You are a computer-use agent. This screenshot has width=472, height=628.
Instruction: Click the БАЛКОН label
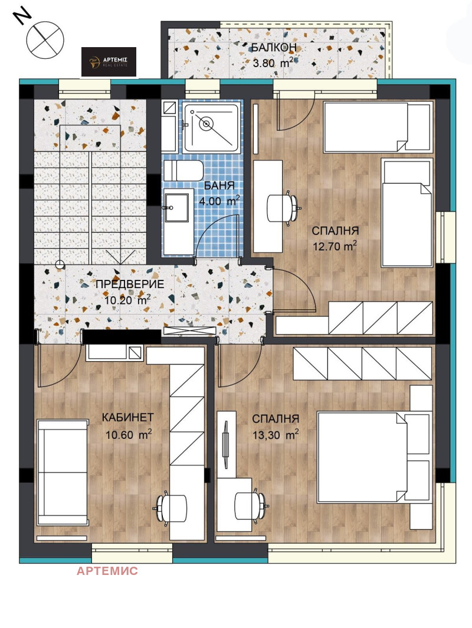[274, 48]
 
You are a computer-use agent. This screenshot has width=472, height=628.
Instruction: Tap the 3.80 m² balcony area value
[273, 62]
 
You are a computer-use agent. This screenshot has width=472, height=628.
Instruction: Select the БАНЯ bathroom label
[219, 186]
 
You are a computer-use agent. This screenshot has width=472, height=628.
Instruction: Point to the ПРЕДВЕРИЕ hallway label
[130, 285]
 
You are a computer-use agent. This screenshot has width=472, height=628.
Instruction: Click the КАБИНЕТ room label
[128, 417]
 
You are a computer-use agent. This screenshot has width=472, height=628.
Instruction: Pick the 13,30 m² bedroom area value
[276, 435]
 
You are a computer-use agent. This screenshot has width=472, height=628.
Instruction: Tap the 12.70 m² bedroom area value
[335, 246]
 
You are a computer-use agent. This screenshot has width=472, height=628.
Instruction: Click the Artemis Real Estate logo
[109, 62]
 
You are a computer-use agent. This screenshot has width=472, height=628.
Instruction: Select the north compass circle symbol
[45, 40]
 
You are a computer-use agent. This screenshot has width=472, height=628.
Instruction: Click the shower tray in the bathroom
[212, 127]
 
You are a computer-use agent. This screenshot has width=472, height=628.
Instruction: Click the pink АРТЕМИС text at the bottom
[107, 571]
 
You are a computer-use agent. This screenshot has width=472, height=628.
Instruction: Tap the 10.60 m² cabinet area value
[129, 435]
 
